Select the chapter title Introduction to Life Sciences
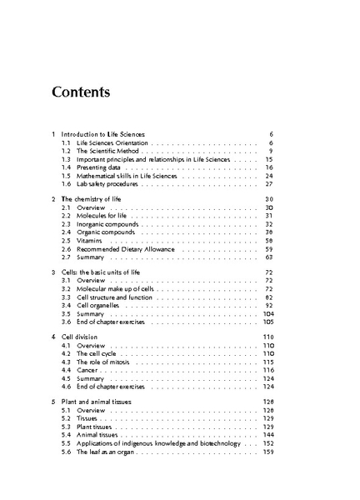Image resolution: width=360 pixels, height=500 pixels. (x=103, y=133)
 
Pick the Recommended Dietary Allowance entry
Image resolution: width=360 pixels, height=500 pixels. (x=125, y=249)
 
